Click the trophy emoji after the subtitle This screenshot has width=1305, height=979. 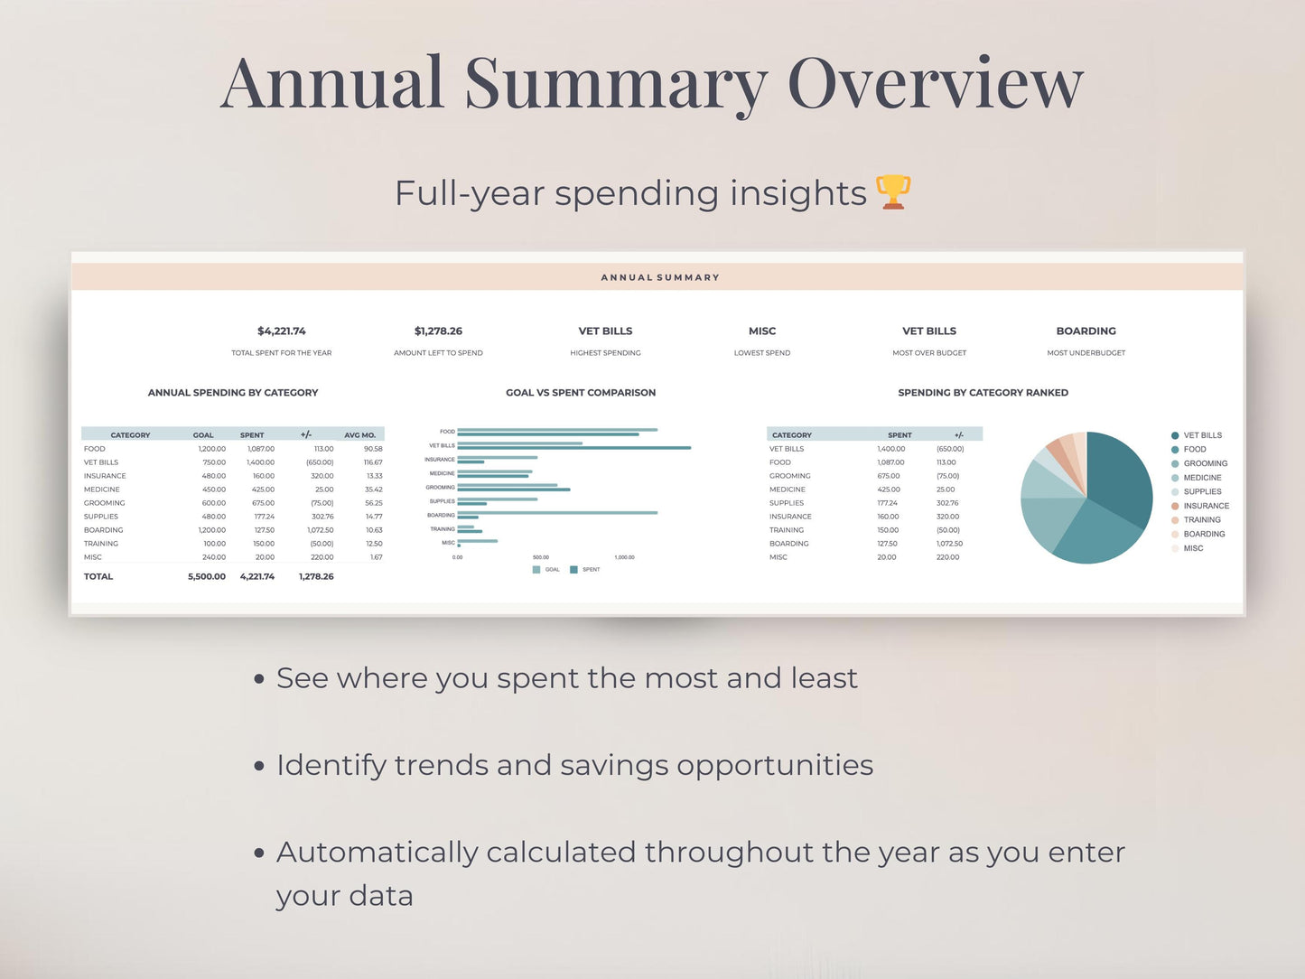(x=893, y=192)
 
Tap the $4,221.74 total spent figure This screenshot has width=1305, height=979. (x=282, y=331)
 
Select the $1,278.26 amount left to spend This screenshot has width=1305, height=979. (x=438, y=331)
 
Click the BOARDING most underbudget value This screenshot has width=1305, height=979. (x=1086, y=331)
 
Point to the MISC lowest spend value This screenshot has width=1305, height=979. (x=762, y=331)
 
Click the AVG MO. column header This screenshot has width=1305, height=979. (x=359, y=435)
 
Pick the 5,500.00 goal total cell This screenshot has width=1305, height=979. (x=207, y=576)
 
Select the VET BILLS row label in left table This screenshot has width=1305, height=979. (x=101, y=462)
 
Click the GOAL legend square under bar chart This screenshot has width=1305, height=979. (x=536, y=570)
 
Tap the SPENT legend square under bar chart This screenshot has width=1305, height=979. (x=574, y=570)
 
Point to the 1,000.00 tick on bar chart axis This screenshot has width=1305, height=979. (x=624, y=557)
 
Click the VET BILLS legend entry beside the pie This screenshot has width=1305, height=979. (x=1202, y=435)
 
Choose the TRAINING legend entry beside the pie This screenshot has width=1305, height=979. (x=1201, y=520)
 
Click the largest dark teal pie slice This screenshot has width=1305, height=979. (x=1120, y=479)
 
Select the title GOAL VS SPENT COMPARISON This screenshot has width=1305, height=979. (x=581, y=393)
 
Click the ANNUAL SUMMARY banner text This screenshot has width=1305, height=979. (x=660, y=277)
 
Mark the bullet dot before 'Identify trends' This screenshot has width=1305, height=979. (x=259, y=766)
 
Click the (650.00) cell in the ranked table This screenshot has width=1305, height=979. (x=950, y=449)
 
